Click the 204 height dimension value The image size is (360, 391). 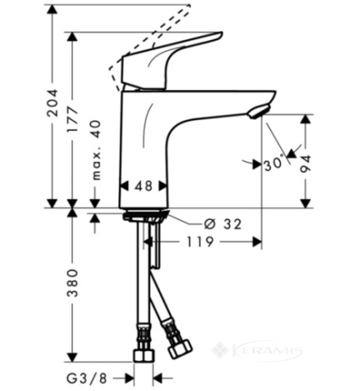click(53, 103)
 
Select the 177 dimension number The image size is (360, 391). click(73, 119)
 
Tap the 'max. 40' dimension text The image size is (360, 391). click(96, 150)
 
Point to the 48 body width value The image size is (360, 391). click(143, 186)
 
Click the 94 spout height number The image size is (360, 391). click(306, 164)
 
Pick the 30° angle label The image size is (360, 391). click(274, 163)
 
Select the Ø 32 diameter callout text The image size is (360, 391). click(223, 224)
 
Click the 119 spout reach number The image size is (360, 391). click(200, 242)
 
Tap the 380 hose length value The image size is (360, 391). click(72, 283)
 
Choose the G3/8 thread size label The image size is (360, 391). click(87, 378)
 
